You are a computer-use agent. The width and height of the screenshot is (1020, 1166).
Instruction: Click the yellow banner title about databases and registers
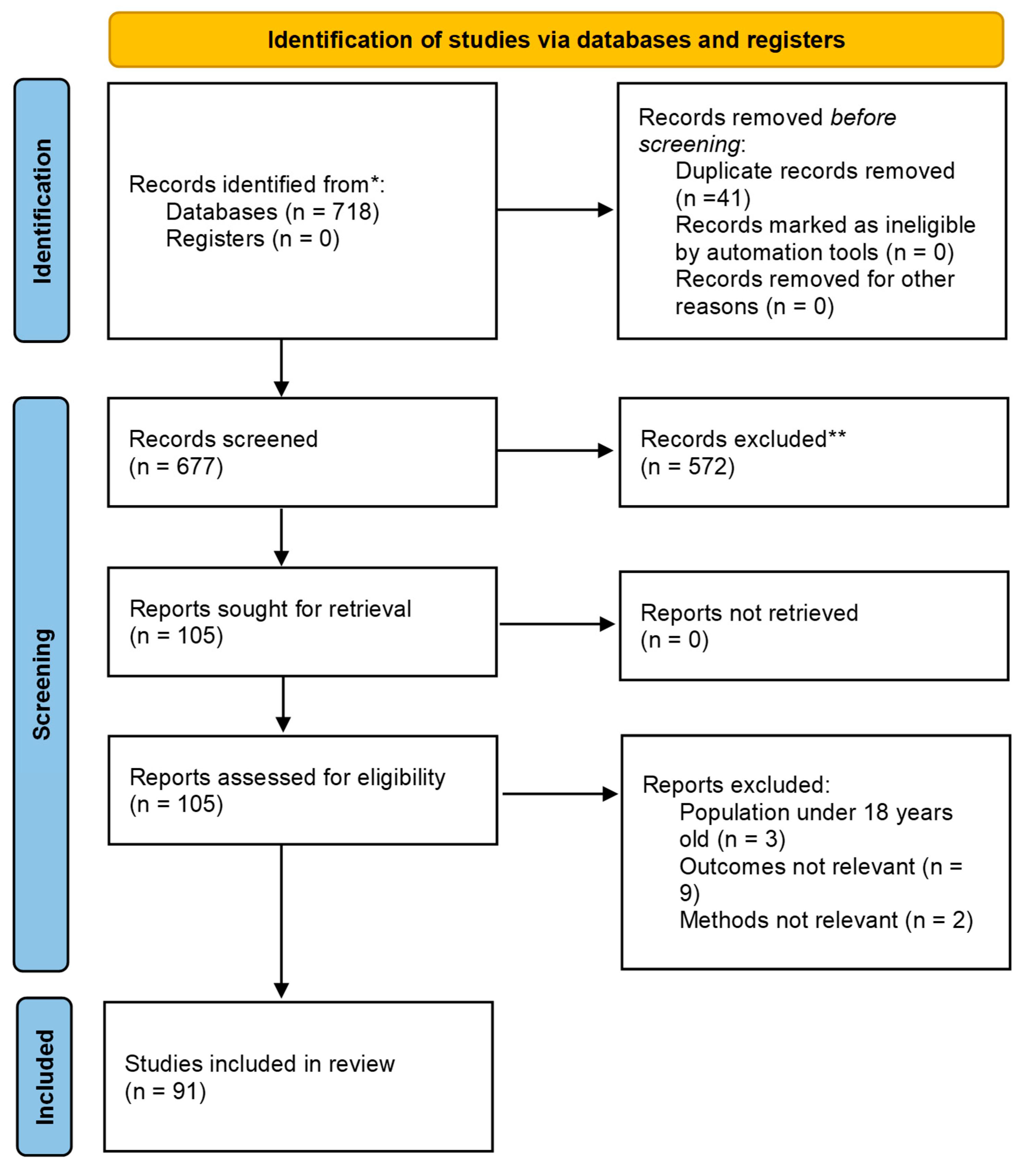pos(556,40)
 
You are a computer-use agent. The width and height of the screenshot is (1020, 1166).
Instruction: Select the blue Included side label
pos(45,1077)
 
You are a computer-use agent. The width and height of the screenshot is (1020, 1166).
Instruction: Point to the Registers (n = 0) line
pos(253,239)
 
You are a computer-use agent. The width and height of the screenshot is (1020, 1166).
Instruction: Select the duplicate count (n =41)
pos(713,198)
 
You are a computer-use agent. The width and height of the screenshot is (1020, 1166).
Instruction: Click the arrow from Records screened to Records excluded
pos(555,451)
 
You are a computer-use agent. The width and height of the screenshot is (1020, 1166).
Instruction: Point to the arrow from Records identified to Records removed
pos(555,210)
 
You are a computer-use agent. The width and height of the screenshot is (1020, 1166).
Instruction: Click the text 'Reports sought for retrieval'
pos(270,609)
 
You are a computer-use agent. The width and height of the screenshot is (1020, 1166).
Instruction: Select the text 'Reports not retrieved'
pos(749,613)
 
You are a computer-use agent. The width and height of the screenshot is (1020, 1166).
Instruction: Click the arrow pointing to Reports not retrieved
pos(557,624)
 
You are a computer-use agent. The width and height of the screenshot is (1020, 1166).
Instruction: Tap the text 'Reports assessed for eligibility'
pos(288,778)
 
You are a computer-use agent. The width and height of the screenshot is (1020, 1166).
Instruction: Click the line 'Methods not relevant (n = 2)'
pos(826,921)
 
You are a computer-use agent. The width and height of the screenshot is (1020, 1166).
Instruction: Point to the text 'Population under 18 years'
pos(816,813)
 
